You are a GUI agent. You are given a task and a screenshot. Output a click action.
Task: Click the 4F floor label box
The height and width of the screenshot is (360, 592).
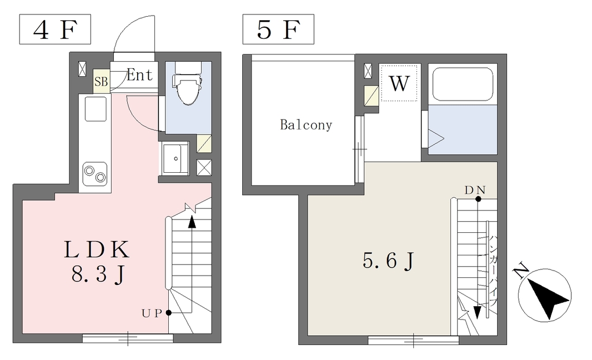(55, 29)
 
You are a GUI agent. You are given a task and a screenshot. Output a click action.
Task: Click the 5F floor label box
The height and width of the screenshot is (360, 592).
(278, 29)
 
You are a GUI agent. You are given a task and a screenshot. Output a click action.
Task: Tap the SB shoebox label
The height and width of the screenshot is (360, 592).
(101, 81)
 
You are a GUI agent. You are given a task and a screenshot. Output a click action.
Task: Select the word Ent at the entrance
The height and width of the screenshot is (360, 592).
(140, 75)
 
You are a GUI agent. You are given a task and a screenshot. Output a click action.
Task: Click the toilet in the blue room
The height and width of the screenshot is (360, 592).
(187, 84)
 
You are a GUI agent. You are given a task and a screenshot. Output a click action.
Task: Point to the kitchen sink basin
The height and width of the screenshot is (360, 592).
(95, 109)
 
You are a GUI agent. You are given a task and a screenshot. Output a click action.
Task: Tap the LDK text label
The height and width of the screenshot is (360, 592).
(97, 250)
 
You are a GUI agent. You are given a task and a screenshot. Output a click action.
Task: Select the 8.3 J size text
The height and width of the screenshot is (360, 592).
(98, 274)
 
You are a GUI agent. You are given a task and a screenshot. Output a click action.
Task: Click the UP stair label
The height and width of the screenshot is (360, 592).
(152, 313)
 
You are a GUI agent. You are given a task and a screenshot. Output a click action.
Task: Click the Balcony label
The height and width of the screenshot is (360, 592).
(306, 125)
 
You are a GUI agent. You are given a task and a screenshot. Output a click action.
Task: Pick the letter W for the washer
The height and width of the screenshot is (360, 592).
(399, 83)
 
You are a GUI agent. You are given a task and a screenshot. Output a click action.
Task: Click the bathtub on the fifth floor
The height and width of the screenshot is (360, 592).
(462, 84)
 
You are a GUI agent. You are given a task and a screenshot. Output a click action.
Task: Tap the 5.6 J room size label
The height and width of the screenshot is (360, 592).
(388, 261)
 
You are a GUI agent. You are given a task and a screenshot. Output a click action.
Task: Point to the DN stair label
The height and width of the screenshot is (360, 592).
(475, 190)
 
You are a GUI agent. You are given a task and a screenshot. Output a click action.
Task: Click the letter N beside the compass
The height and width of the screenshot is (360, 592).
(521, 270)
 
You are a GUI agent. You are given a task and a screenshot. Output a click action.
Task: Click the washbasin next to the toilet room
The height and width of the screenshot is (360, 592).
(175, 158)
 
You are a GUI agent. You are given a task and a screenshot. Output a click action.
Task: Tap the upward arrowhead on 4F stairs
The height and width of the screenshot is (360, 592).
(192, 222)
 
